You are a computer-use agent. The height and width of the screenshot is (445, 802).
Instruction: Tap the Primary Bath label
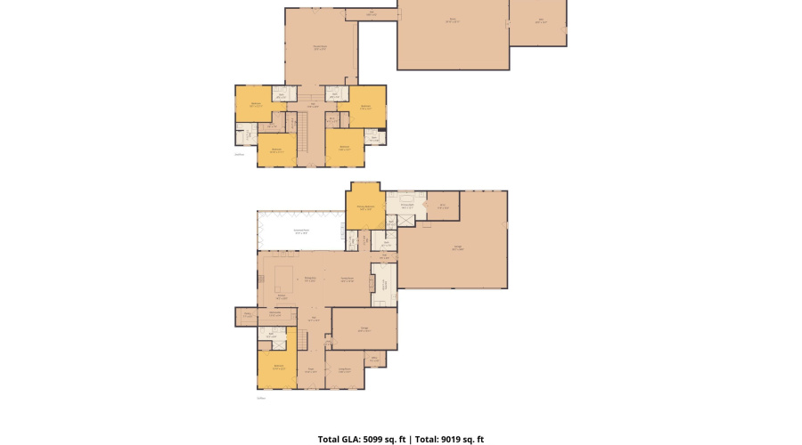click(x=407, y=206)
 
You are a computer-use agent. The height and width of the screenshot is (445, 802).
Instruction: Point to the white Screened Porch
click(x=301, y=231)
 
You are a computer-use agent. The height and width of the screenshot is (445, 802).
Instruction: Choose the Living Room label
click(x=345, y=371)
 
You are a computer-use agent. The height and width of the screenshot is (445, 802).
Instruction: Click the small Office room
click(x=375, y=360)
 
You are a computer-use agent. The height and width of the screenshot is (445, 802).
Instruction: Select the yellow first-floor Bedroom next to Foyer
click(x=279, y=368)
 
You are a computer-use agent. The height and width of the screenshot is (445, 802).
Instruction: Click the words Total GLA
click(x=337, y=439)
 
